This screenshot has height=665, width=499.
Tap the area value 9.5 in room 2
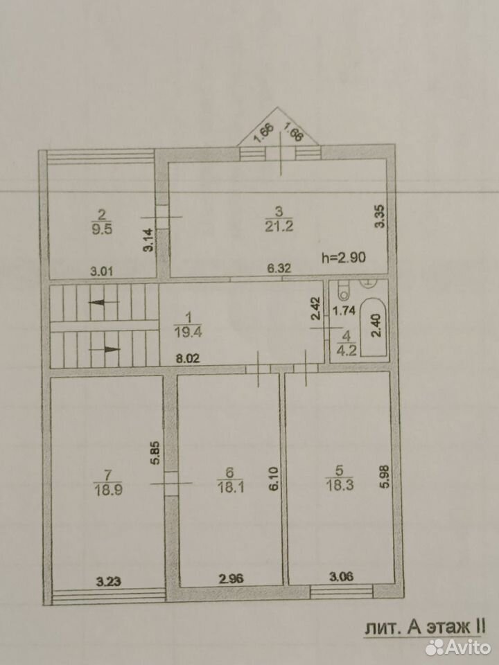102,229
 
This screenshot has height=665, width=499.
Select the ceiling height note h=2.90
344,257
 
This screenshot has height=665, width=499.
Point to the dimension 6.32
279,268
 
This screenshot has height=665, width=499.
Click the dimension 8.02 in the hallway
188,359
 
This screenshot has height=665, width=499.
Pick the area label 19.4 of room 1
188,332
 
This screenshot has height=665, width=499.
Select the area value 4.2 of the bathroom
347,351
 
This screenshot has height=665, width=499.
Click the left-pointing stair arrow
103,302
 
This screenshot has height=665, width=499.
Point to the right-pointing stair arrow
105,349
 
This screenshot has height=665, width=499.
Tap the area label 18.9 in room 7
108,490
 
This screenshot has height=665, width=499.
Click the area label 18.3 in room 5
340,485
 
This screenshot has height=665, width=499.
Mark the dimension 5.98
385,476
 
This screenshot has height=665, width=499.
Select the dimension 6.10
274,479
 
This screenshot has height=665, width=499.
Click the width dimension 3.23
109,581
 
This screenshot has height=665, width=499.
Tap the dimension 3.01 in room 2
102,271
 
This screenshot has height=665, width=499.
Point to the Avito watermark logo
458,647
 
